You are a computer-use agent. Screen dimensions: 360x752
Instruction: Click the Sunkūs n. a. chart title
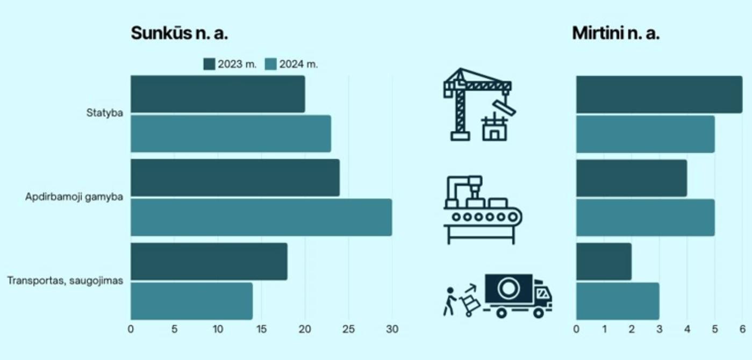click(180, 33)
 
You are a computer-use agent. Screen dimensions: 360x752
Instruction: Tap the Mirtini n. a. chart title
click(615, 33)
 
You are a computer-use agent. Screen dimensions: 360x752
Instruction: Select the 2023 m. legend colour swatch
click(209, 64)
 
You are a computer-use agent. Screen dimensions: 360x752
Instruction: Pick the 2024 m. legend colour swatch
click(270, 64)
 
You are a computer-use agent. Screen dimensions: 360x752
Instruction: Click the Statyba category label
click(104, 113)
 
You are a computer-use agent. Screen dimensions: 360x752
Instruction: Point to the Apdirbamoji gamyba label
click(74, 197)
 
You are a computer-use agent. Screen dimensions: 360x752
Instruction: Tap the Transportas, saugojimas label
click(65, 280)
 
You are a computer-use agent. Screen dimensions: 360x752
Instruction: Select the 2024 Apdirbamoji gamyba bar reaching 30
click(261, 217)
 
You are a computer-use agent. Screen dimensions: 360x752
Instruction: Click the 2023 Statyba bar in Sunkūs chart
click(218, 95)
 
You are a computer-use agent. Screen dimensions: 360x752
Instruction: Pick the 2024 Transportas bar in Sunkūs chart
click(191, 301)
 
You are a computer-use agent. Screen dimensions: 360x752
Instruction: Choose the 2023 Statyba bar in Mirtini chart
click(659, 95)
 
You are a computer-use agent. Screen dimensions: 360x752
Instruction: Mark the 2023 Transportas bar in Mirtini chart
click(604, 262)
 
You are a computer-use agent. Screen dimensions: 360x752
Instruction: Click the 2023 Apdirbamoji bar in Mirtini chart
click(632, 178)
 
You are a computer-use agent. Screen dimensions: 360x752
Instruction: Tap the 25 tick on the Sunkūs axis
click(348, 329)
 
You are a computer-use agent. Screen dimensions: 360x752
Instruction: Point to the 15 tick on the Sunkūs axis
click(261, 329)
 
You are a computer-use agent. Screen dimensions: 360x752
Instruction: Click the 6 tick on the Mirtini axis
click(742, 329)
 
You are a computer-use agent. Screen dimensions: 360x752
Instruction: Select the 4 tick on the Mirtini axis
click(687, 329)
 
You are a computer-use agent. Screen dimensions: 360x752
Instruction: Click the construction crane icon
click(478, 105)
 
